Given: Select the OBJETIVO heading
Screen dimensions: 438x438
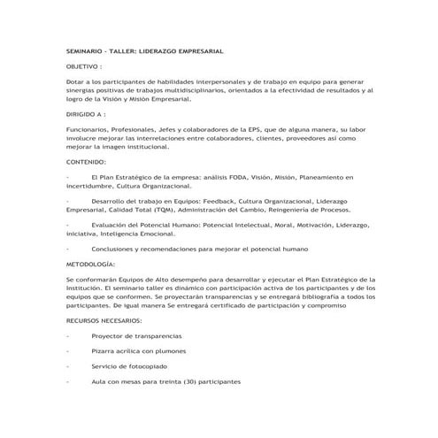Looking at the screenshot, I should [x=82, y=66].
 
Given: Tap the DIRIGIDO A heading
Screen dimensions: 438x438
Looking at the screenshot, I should [x=85, y=114].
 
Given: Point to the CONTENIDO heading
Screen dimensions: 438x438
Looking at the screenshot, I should [x=86, y=163].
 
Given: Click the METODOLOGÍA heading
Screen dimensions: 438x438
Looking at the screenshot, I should [x=89, y=264].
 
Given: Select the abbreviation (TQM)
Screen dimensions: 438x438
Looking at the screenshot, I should [x=162, y=211].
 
